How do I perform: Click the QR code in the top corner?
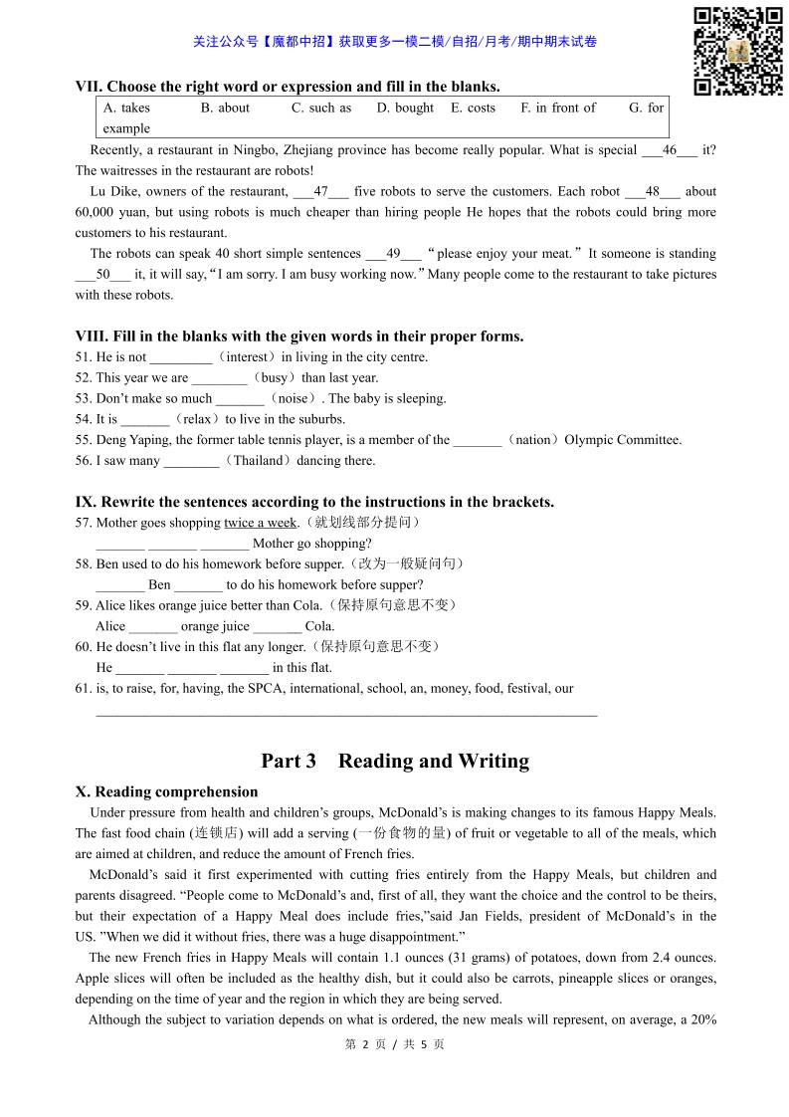click(x=737, y=51)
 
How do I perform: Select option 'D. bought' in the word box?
click(x=405, y=108)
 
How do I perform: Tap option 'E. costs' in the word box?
click(x=473, y=108)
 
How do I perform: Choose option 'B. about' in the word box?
click(x=225, y=108)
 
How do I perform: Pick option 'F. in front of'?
click(x=558, y=108)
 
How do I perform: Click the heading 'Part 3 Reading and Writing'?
click(x=395, y=762)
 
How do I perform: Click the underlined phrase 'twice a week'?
click(x=261, y=523)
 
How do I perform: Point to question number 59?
click(x=84, y=605)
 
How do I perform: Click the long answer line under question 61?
click(x=346, y=713)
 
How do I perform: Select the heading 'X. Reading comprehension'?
click(x=166, y=792)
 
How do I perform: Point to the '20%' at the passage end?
click(x=702, y=1019)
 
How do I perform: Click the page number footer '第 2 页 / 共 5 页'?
click(x=394, y=1044)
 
